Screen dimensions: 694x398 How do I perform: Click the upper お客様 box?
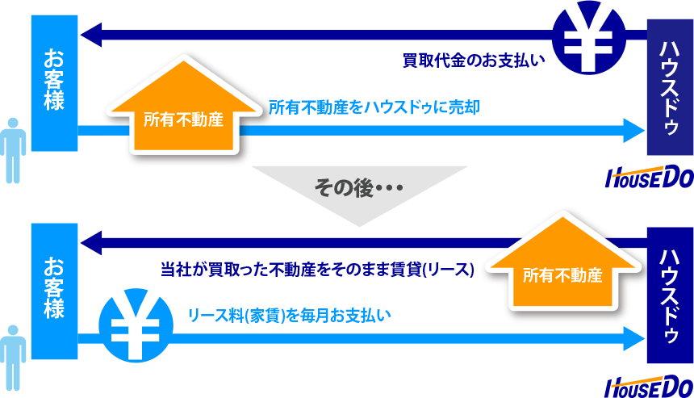pyautogui.click(x=54, y=83)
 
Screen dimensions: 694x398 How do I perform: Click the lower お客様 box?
pyautogui.click(x=54, y=291)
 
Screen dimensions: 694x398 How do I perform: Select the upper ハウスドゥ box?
pyautogui.click(x=670, y=87)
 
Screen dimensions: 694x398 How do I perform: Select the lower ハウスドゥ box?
pyautogui.click(x=670, y=295)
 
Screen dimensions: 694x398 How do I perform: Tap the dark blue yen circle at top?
pyautogui.click(x=589, y=37)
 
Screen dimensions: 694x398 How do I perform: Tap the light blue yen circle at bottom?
pyautogui.click(x=136, y=325)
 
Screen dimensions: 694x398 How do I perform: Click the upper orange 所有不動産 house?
pyautogui.click(x=184, y=107)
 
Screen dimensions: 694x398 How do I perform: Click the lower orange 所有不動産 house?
pyautogui.click(x=562, y=262)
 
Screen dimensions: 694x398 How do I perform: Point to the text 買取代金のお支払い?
pyautogui.click(x=474, y=61)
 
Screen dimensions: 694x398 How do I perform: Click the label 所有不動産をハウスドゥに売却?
pyautogui.click(x=374, y=107)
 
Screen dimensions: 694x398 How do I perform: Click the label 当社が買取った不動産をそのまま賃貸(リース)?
pyautogui.click(x=317, y=270)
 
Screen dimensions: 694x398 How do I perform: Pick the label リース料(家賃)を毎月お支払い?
pyautogui.click(x=290, y=316)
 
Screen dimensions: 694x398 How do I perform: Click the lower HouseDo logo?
pyautogui.click(x=650, y=387)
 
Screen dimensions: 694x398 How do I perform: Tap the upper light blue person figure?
pyautogui.click(x=13, y=150)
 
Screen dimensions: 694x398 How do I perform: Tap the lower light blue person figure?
pyautogui.click(x=13, y=358)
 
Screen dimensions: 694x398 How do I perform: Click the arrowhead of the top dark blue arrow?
pyautogui.click(x=91, y=35)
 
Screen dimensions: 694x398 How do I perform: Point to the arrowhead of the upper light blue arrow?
pyautogui.click(x=634, y=131)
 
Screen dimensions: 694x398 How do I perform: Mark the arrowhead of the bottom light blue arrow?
pyautogui.click(x=634, y=339)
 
